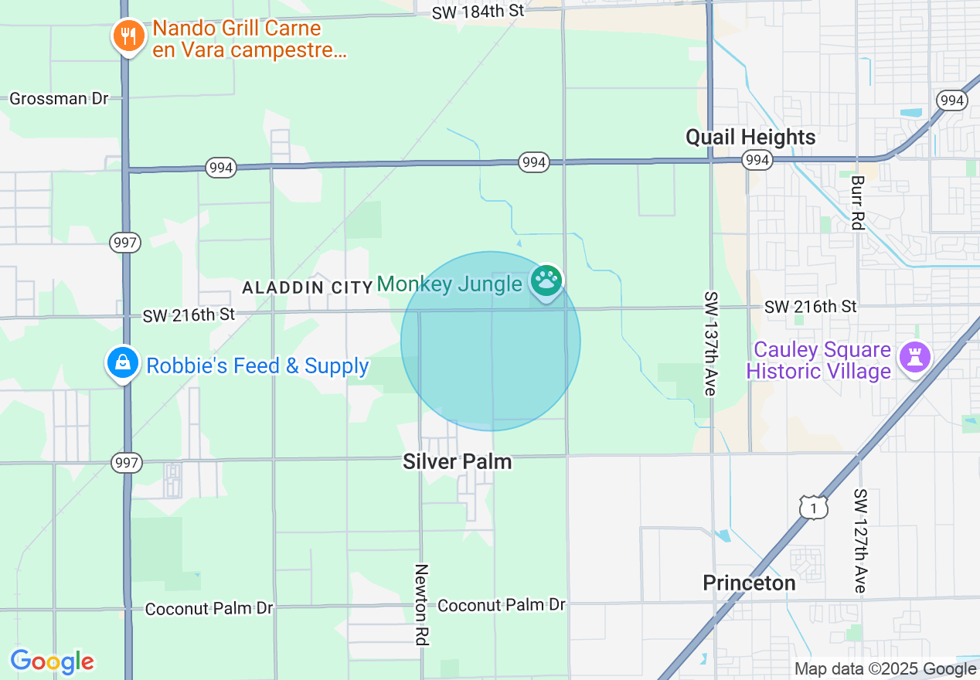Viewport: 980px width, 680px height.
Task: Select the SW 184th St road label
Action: point(478,12)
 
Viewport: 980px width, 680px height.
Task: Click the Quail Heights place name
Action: point(750,138)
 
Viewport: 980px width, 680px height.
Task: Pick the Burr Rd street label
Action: point(856,202)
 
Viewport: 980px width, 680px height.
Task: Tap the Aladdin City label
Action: point(308,287)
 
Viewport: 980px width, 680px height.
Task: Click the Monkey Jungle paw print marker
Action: point(547,280)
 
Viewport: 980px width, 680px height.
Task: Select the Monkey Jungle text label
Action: point(449,284)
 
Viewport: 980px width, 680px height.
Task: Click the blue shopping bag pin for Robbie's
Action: point(121,362)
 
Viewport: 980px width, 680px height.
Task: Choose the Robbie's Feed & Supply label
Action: point(257,365)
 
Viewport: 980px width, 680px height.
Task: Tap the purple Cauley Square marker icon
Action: point(914,357)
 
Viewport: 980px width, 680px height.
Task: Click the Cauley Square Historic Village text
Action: point(818,361)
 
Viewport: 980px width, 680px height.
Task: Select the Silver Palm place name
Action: point(457,461)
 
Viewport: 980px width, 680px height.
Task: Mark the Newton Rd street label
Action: point(421,604)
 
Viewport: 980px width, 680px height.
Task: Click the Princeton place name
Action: point(749,583)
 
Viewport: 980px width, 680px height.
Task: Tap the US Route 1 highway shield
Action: point(813,508)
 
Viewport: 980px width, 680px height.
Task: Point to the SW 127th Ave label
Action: point(860,540)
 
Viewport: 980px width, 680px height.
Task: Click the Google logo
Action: point(52,662)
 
